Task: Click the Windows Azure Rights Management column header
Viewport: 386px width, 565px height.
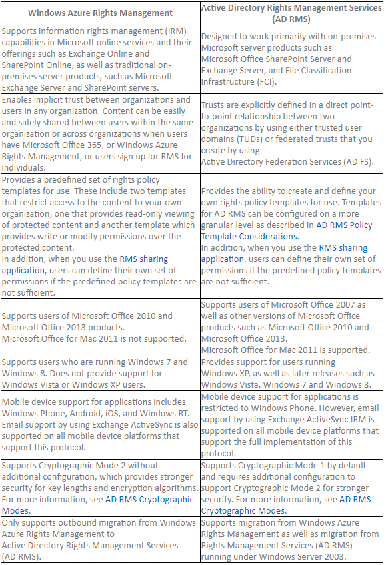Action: (101, 13)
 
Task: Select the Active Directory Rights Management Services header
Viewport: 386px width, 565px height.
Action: (291, 13)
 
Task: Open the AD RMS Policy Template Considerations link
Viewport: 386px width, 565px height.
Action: (345, 231)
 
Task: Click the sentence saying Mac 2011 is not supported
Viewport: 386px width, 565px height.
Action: (94, 338)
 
